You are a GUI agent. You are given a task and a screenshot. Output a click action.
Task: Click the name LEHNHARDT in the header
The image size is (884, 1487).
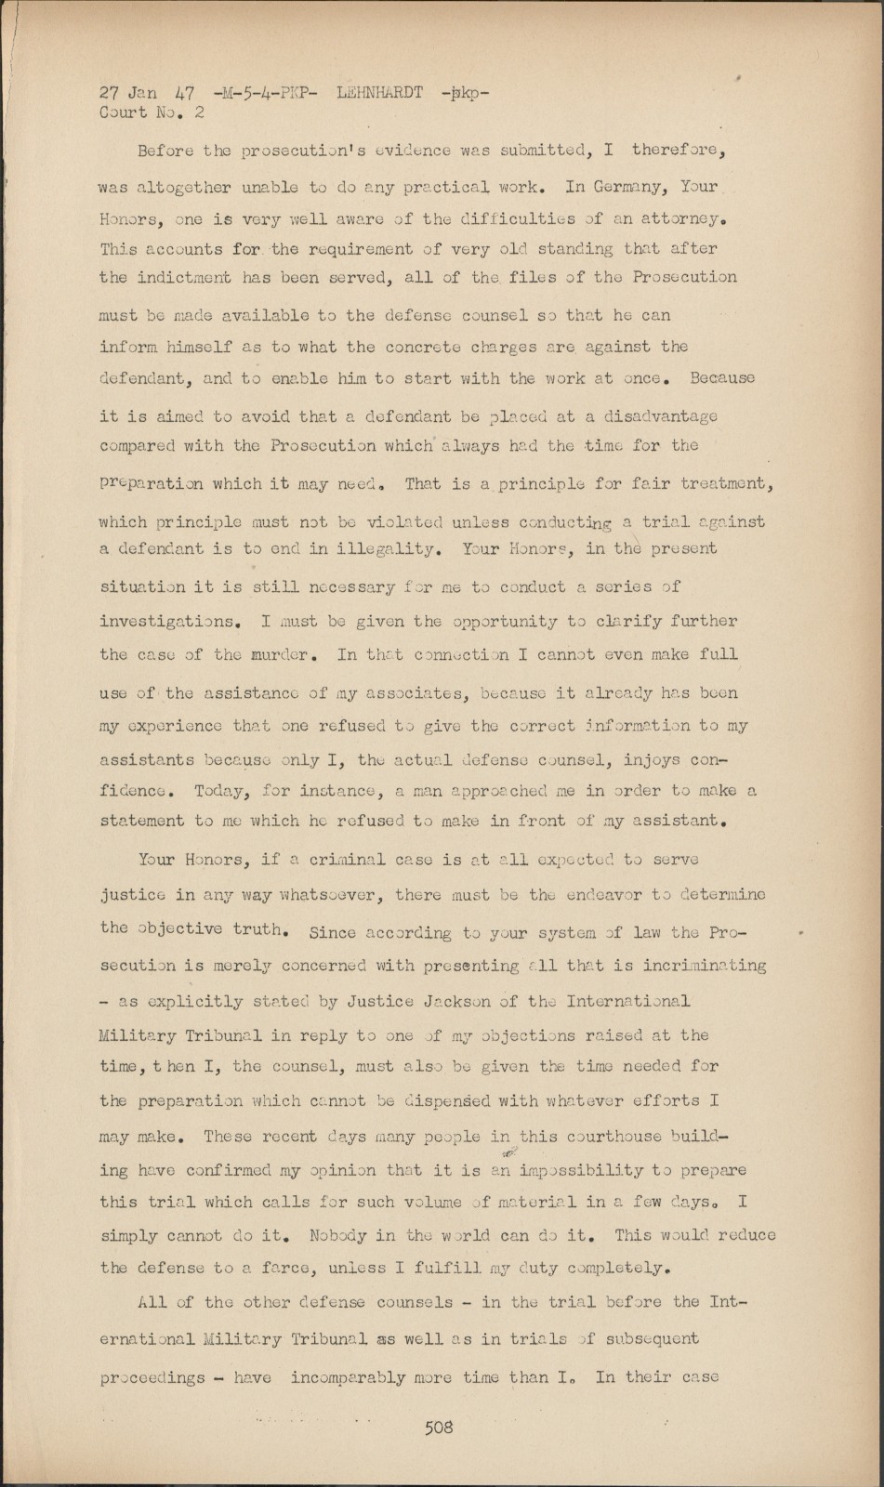point(379,92)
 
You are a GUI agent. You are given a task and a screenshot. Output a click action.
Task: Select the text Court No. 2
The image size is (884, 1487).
point(152,112)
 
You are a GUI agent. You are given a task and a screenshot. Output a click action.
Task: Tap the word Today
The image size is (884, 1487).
point(219,791)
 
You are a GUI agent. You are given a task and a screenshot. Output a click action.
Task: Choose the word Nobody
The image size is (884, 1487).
point(352,1236)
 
